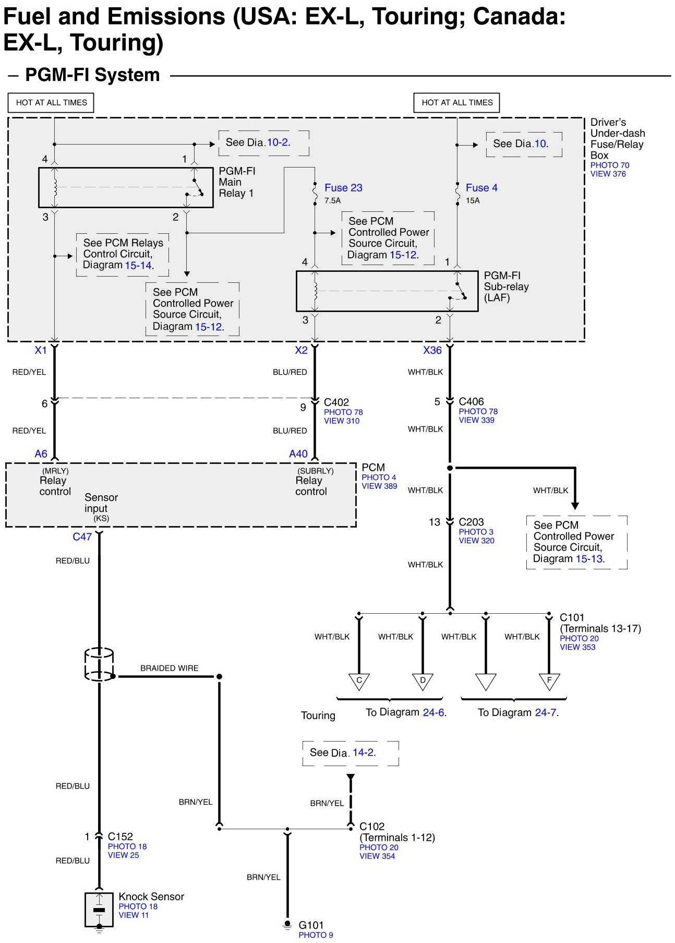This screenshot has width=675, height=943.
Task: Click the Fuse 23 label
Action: point(343,188)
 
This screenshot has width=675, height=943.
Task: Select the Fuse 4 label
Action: point(481,188)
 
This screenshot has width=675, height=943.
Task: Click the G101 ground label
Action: point(311,925)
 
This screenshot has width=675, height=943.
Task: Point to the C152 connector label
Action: point(120,837)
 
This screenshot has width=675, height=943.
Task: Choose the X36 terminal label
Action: point(432,351)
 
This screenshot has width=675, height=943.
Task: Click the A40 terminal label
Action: point(298,454)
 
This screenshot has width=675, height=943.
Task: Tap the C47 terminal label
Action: point(82,536)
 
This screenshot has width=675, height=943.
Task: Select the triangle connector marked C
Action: point(359,682)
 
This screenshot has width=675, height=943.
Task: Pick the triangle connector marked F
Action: point(549,682)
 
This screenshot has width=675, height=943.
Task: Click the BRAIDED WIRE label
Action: point(170,668)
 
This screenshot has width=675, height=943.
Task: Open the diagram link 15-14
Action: point(138,265)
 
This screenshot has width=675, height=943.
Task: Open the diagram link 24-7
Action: point(546,712)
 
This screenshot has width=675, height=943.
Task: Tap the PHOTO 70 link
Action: point(610,165)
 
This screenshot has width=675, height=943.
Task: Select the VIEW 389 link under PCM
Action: point(380,486)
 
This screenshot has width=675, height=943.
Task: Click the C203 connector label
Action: point(472,522)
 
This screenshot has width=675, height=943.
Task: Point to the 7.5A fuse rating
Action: point(332,201)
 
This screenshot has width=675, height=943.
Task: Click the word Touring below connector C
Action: point(318,715)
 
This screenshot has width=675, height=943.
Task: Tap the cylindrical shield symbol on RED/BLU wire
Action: point(99,664)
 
